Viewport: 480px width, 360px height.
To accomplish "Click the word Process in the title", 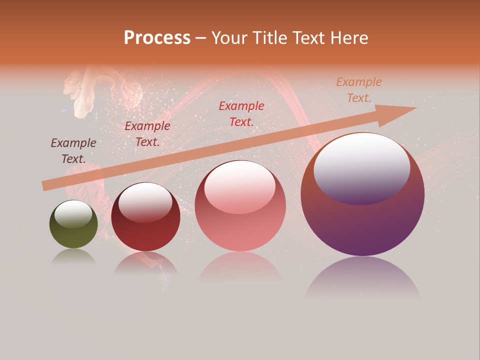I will [x=157, y=38].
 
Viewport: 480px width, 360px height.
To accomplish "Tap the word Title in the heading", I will [x=269, y=38].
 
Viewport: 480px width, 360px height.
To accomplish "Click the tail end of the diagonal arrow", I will [x=43, y=186].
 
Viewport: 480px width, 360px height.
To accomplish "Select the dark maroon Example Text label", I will [x=73, y=151].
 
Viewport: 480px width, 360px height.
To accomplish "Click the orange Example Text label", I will [x=359, y=90].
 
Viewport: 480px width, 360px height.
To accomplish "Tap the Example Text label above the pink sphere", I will [x=241, y=113].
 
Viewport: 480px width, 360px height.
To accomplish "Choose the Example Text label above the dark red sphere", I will [x=147, y=134].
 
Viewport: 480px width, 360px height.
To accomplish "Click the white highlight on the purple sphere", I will [x=361, y=167].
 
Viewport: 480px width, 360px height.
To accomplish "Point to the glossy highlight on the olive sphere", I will [x=73, y=213].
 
